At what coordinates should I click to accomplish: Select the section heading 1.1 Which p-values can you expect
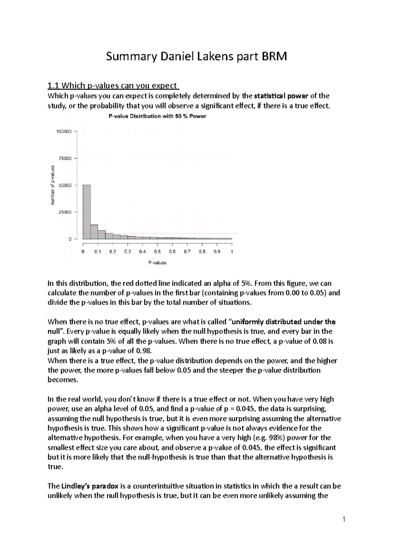(113, 86)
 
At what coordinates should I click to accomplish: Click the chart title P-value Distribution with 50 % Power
(157, 116)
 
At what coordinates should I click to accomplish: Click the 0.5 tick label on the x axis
(158, 252)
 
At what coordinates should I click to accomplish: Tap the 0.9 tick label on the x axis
(217, 252)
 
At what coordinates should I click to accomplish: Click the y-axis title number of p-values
(52, 185)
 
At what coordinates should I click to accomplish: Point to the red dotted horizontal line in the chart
(196, 233)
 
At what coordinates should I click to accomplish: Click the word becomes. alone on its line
(63, 380)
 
